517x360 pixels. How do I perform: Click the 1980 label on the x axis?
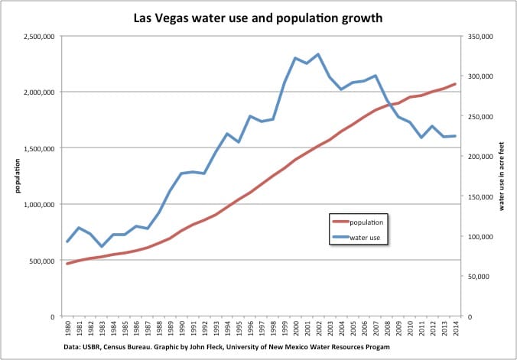point(68,331)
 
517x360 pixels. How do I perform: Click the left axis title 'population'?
point(9,176)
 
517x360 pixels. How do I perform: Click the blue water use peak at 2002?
point(318,54)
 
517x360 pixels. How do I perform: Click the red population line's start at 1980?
point(67,264)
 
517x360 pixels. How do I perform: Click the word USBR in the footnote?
point(95,348)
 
